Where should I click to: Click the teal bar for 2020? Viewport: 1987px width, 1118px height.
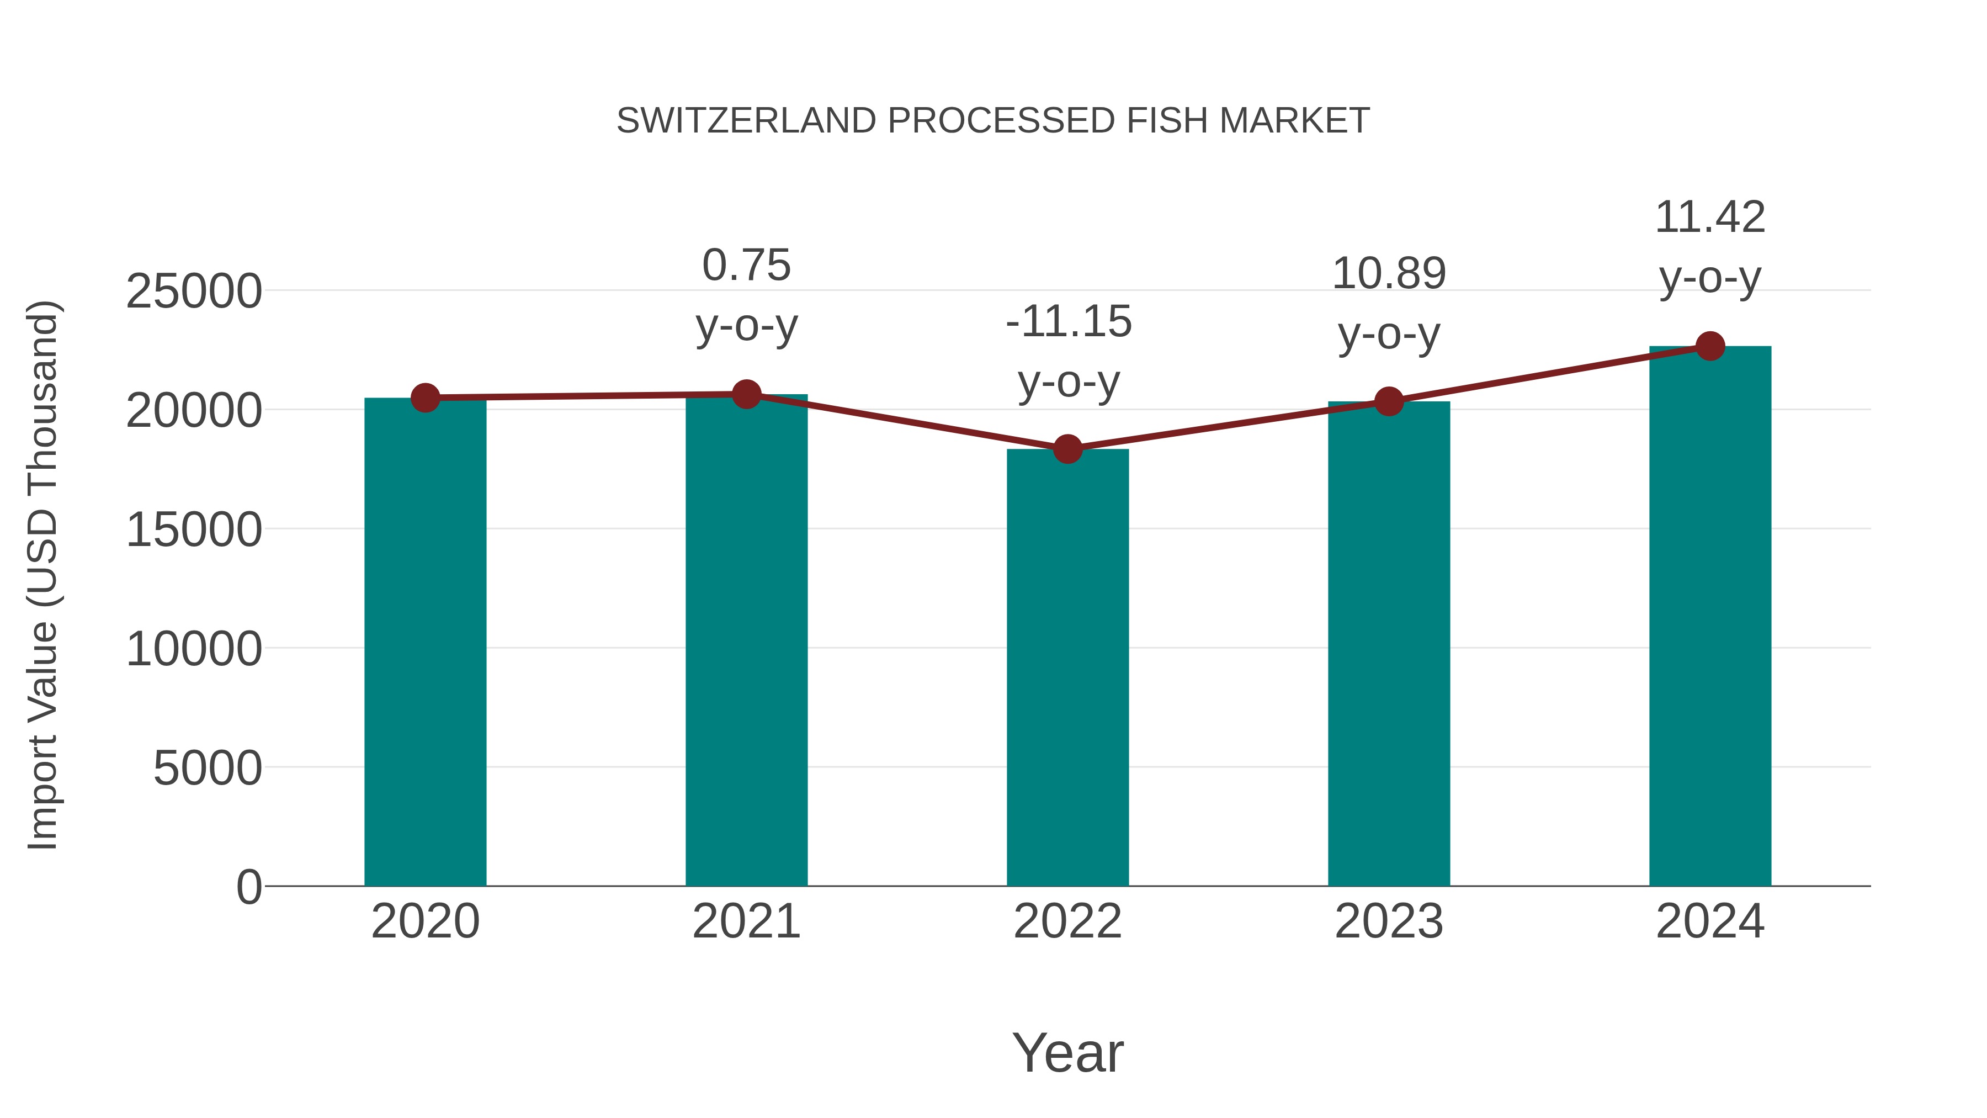pos(425,640)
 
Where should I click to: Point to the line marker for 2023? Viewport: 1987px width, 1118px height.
pos(1389,401)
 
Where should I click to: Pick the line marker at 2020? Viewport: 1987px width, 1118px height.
pos(425,398)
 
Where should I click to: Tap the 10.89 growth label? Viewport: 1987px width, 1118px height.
pos(1389,274)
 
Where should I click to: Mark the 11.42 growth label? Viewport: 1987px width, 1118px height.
pos(1710,218)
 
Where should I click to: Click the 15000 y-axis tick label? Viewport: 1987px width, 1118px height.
pos(194,530)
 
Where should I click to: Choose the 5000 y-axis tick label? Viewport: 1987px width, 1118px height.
pos(208,769)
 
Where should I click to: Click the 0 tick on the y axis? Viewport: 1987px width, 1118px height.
pos(249,887)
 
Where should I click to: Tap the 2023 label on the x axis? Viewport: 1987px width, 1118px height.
pos(1389,921)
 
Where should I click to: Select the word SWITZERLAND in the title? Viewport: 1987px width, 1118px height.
pos(747,121)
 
